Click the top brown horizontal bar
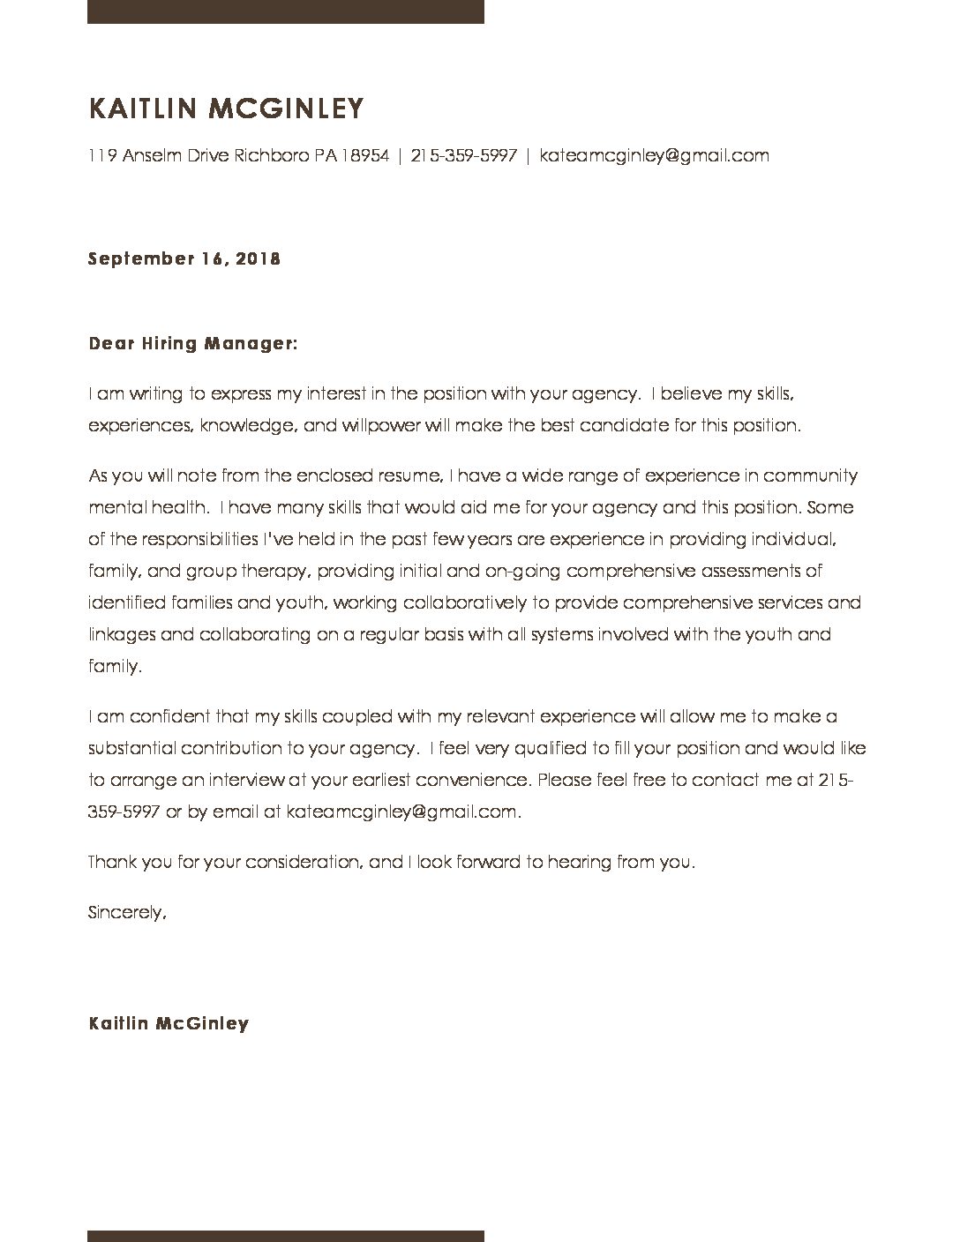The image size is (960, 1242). (x=285, y=11)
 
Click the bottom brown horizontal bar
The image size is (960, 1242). (x=285, y=1235)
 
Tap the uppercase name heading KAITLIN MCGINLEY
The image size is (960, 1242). (x=226, y=108)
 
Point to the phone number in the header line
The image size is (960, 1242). (x=463, y=156)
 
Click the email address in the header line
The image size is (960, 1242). (x=654, y=156)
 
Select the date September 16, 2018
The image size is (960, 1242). (x=184, y=259)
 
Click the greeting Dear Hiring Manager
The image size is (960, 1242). (x=193, y=343)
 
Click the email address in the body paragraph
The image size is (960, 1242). (x=403, y=812)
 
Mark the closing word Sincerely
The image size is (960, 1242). (x=127, y=913)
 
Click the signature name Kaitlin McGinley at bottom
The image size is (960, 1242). (x=169, y=1024)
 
